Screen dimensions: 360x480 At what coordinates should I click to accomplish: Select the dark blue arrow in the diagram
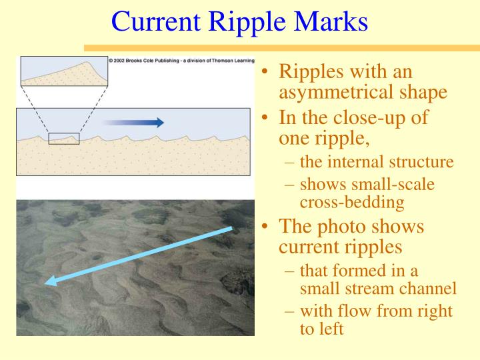[x=133, y=122]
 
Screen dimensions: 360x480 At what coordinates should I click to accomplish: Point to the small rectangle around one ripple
[x=64, y=139]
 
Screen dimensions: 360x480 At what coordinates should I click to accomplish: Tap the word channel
[x=432, y=289]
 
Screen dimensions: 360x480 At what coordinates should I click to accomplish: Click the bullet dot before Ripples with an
[x=265, y=73]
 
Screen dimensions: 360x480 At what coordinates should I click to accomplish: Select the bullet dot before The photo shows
[x=265, y=227]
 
